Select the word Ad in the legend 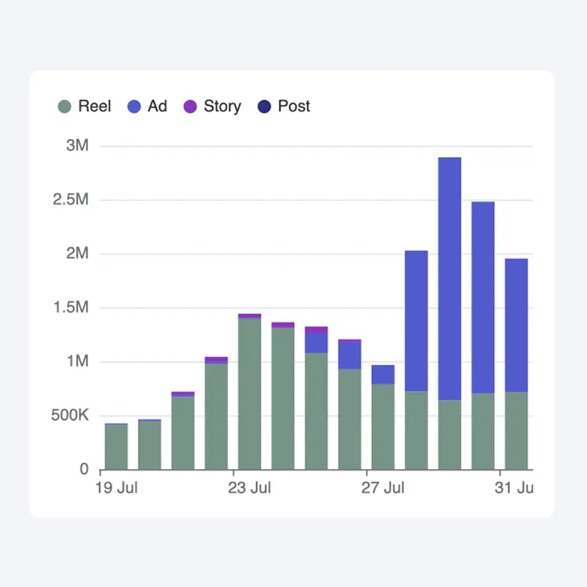click(157, 106)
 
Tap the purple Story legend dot click(190, 107)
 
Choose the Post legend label click(293, 106)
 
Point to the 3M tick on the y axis click(78, 146)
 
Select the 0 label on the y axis click(83, 470)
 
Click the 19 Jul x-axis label click(116, 488)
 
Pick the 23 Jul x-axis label click(249, 488)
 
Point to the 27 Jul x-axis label click(382, 488)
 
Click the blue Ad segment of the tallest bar click(449, 278)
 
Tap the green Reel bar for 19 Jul click(116, 447)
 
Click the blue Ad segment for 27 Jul click(382, 374)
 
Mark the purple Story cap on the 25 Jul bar click(316, 329)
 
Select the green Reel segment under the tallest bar click(449, 436)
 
